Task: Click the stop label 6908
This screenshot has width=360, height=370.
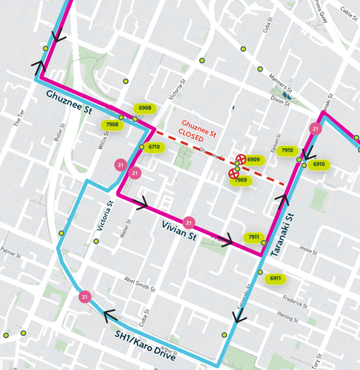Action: coord(145,108)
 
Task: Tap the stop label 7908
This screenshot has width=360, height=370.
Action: coord(112,125)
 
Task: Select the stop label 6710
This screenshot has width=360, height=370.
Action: coord(154,147)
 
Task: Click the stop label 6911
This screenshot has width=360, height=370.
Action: coord(276,279)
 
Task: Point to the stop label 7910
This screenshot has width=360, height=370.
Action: coord(287,151)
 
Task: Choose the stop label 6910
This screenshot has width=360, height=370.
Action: coord(319,165)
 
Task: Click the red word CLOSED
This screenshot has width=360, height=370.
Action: coord(192,137)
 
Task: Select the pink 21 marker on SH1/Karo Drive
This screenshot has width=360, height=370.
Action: coord(85,296)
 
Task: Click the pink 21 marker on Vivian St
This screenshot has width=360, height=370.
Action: coord(190,223)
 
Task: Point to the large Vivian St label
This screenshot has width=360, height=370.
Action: coord(179,231)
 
